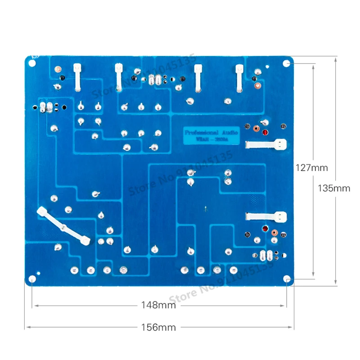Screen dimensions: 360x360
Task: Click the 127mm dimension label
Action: click(311, 167)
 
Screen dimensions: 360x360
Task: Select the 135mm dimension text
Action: click(333, 189)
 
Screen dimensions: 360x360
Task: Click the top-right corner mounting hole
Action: click(287, 63)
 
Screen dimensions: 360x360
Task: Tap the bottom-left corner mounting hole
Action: click(32, 279)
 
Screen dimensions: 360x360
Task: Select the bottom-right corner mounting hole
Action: click(287, 279)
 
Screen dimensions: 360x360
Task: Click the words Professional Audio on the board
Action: click(212, 133)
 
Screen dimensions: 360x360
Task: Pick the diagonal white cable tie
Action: click(64, 226)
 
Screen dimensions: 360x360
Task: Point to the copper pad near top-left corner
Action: click(58, 69)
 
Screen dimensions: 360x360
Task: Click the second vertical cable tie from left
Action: click(119, 77)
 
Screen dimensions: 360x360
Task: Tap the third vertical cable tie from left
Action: click(198, 77)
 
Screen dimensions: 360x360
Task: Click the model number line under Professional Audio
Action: click(212, 139)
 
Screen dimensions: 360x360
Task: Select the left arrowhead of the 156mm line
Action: click(26, 327)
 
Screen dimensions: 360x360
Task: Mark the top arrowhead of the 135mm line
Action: click(336, 58)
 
